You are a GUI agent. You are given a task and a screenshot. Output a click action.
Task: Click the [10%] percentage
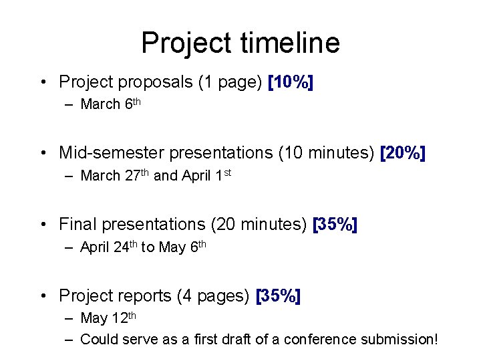point(291,82)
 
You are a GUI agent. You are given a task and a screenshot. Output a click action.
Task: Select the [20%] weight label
point(402,153)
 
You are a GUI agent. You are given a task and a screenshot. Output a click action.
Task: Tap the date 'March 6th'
point(110,104)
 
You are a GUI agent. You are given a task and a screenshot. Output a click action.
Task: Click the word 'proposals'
point(156,83)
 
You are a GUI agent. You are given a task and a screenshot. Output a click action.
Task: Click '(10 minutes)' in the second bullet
point(325,153)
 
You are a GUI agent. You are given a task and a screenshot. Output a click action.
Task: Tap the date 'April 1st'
point(206,176)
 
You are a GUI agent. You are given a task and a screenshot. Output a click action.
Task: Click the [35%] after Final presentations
point(335,224)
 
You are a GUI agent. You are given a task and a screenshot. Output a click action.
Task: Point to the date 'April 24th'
point(108,247)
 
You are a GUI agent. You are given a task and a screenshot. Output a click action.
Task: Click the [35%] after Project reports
point(279,295)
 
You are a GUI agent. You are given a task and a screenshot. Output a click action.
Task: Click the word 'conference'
point(320,340)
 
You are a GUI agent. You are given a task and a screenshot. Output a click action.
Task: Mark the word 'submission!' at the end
point(399,340)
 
